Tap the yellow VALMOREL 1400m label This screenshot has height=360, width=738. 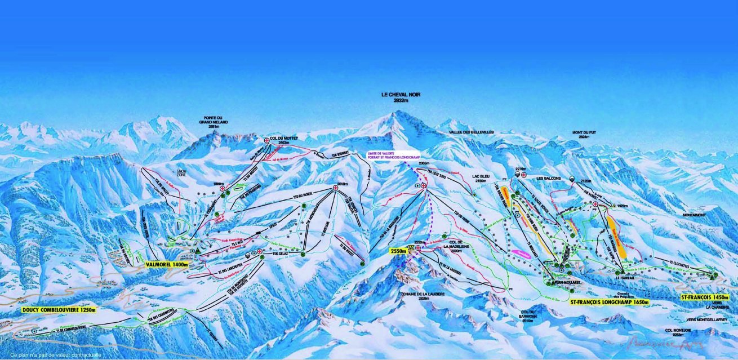click(x=166, y=264)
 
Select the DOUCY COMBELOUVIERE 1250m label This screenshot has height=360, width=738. click(x=59, y=310)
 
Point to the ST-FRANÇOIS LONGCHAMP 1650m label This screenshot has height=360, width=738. click(x=609, y=303)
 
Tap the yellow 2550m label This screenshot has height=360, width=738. click(x=399, y=252)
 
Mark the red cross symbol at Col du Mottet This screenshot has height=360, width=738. click(x=266, y=140)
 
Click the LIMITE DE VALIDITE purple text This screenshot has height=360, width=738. click(x=391, y=155)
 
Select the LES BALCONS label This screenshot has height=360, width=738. click(x=549, y=178)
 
